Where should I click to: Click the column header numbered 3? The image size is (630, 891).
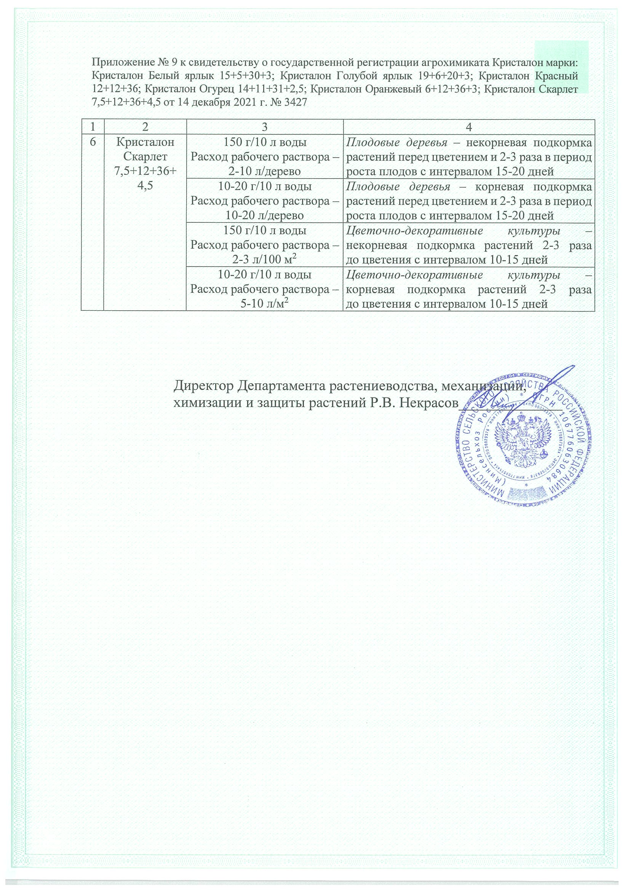click(264, 127)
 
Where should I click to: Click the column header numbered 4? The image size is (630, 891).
click(469, 127)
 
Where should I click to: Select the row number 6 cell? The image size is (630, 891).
click(92, 142)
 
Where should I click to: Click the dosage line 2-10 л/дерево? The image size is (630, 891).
click(264, 171)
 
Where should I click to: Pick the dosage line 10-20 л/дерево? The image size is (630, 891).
click(264, 216)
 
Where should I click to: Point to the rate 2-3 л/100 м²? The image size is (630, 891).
click(264, 260)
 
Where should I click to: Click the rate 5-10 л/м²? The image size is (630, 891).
click(264, 304)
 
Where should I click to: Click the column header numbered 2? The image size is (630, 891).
click(145, 127)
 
